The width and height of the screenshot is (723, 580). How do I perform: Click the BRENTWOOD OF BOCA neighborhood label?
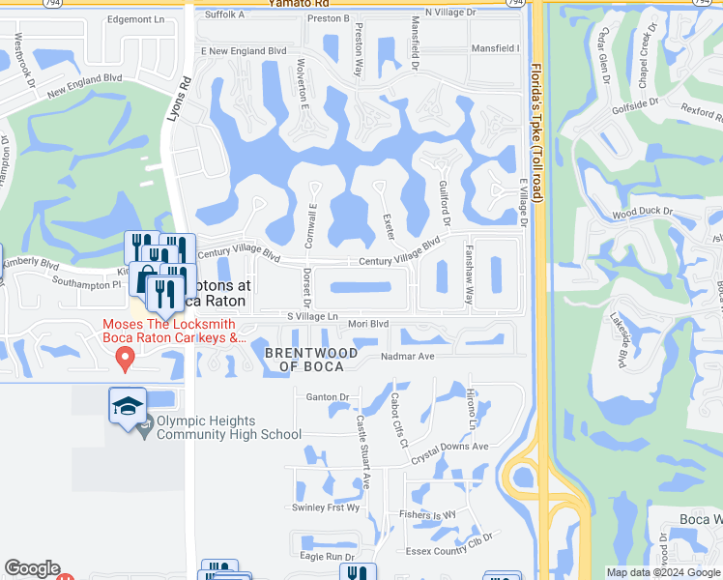tap(311, 359)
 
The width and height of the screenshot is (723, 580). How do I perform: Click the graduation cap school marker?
tap(127, 407)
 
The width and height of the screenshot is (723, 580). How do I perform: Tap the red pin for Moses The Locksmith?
tap(124, 359)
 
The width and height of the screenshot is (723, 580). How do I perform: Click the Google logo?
tap(32, 568)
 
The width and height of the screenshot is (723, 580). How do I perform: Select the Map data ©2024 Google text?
tap(662, 572)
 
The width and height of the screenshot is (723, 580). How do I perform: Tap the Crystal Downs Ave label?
tap(449, 447)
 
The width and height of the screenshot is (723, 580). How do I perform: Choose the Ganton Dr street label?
tap(327, 397)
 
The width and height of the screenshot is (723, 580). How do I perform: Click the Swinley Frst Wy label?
tap(326, 507)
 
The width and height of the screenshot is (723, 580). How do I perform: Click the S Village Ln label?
tap(311, 316)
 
